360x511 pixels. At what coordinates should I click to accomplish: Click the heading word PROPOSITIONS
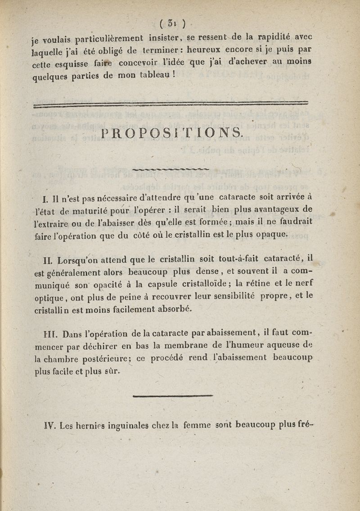[x=173, y=132]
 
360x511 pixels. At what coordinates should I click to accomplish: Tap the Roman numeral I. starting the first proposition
[x=45, y=199]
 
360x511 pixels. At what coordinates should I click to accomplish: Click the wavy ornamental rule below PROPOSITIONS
[x=172, y=169]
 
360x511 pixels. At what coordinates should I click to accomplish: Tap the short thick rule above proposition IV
[x=173, y=396]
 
